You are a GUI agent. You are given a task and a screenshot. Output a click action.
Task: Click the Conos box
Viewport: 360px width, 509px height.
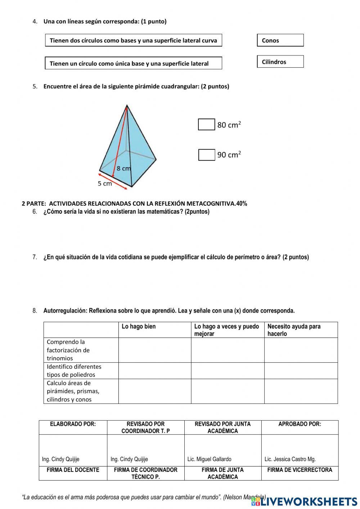click(x=280, y=40)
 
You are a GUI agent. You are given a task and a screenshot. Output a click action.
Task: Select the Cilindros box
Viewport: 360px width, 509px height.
click(x=280, y=62)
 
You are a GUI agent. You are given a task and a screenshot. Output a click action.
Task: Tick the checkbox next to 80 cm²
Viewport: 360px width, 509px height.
click(x=206, y=125)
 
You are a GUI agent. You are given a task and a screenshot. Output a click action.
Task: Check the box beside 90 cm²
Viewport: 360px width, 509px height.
click(x=207, y=155)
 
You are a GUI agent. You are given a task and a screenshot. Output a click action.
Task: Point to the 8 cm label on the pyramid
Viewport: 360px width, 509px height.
click(x=123, y=168)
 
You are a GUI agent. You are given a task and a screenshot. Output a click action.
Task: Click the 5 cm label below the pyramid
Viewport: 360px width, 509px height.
click(x=105, y=184)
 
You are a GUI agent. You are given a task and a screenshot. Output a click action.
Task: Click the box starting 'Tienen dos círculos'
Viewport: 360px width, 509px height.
click(x=133, y=40)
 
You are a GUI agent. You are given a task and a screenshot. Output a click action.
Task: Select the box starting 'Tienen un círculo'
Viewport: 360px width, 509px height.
click(x=133, y=63)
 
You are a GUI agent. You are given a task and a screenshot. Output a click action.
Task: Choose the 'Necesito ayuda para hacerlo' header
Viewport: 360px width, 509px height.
click(x=301, y=330)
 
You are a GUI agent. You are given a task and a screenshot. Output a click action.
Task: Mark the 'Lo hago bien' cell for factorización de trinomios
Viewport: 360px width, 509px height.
click(x=154, y=350)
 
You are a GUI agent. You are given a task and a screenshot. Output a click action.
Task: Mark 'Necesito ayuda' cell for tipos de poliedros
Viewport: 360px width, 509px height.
click(x=301, y=370)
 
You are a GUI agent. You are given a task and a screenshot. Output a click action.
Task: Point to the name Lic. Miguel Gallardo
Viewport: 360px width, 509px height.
click(x=210, y=459)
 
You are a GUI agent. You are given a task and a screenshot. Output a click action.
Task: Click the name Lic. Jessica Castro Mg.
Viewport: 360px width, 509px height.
click(x=290, y=459)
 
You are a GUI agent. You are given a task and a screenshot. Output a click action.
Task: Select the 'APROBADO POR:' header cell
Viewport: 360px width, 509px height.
click(x=300, y=427)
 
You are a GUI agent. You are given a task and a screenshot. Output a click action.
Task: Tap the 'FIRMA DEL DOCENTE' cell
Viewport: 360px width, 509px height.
click(x=73, y=473)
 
